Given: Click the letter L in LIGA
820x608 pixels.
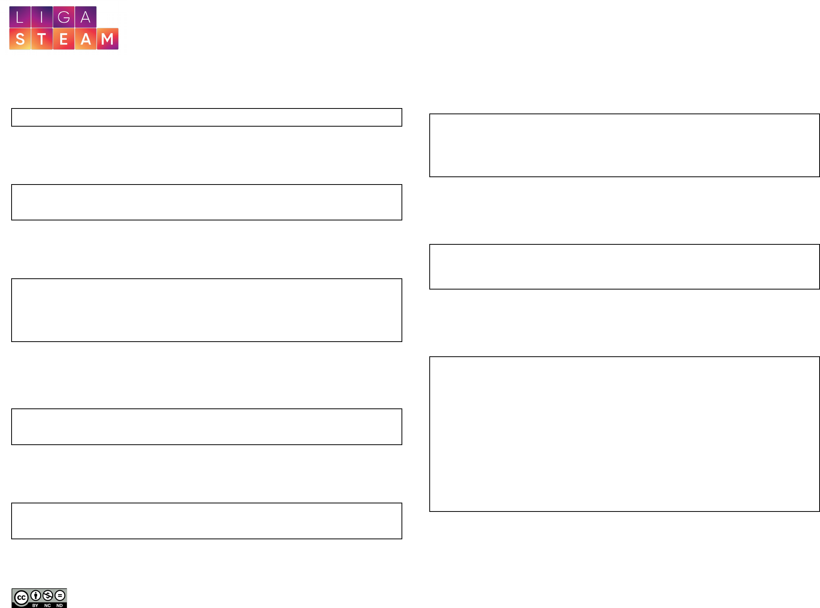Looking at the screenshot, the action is tap(20, 17).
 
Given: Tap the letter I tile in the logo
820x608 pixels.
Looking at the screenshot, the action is tap(42, 17).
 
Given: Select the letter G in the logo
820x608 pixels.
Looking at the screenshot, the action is tap(64, 17).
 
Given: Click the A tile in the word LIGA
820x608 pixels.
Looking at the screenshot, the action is tap(86, 17).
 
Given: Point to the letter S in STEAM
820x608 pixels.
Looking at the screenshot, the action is tap(20, 39).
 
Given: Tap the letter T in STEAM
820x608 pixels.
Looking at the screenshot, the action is tap(42, 39).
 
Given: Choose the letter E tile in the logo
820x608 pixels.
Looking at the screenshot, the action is tap(64, 39).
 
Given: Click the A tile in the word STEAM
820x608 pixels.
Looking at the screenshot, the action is tap(86, 39).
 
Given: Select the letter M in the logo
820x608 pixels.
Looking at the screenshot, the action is tap(108, 39).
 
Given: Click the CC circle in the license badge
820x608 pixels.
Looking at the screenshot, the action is tap(21, 598).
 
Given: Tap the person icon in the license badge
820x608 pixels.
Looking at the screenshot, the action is tap(36, 595).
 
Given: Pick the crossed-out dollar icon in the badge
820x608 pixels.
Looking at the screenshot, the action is tap(47, 595).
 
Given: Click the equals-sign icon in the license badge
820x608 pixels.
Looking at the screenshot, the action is tap(60, 595).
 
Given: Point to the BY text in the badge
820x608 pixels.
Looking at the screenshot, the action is tap(35, 605).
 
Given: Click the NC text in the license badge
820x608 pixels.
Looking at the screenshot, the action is tap(47, 605).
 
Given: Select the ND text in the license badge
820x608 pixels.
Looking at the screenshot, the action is tap(59, 605).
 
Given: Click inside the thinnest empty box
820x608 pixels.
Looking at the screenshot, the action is tap(207, 117).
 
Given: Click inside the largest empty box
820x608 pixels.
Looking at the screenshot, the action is tap(624, 434).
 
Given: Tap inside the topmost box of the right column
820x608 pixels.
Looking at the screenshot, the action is tap(624, 145).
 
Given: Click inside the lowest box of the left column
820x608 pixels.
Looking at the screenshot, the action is tap(207, 521).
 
